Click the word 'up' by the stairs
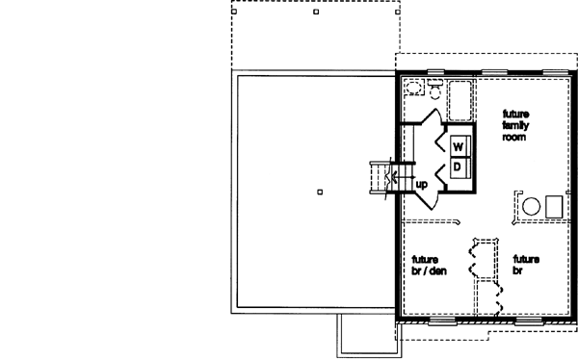click(421, 183)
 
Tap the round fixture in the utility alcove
click(530, 205)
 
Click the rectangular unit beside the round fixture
click(554, 205)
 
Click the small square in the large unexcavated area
click(319, 192)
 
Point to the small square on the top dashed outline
click(317, 14)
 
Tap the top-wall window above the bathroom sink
click(435, 72)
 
